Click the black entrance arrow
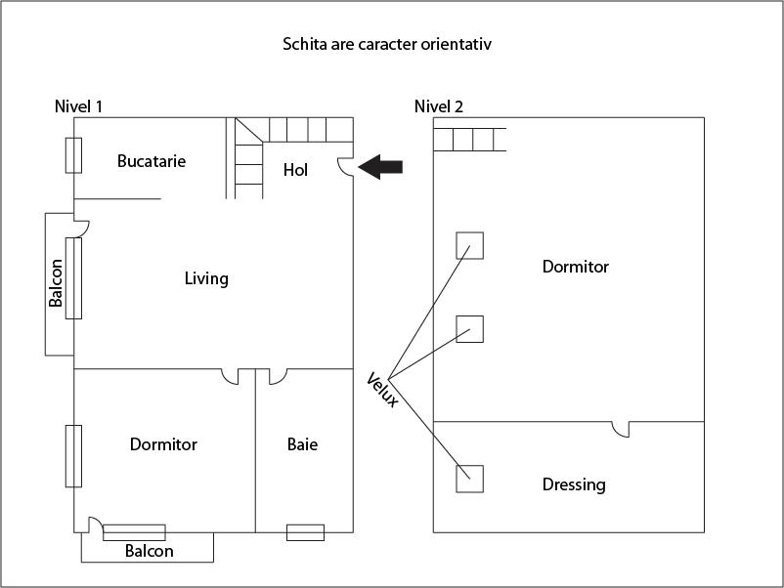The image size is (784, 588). (380, 168)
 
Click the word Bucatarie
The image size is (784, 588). (152, 161)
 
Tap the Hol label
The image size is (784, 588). (295, 170)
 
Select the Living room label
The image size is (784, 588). (206, 279)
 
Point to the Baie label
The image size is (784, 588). (302, 445)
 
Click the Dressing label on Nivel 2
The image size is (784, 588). (574, 484)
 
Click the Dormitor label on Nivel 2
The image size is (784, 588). (576, 267)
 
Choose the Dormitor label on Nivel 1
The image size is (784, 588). (163, 445)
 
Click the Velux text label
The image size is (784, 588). (382, 390)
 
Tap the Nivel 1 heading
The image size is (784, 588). (78, 106)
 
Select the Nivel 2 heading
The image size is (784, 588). (439, 106)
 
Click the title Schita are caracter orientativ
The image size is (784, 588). (393, 45)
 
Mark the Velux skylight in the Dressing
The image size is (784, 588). (470, 479)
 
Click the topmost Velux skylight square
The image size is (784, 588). (470, 245)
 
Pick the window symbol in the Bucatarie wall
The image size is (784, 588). (73, 155)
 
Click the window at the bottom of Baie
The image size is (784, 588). (305, 532)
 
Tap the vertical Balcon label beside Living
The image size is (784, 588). (57, 283)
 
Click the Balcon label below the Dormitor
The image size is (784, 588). (149, 551)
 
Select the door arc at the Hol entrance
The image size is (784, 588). (344, 168)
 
